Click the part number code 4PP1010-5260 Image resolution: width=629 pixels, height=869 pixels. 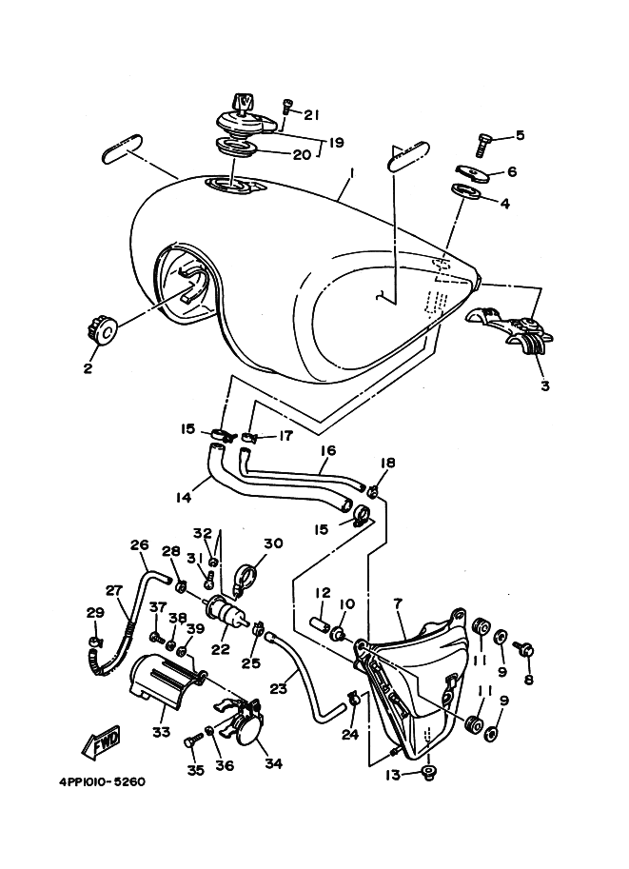click(x=95, y=782)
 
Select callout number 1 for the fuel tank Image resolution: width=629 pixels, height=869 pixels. click(x=325, y=174)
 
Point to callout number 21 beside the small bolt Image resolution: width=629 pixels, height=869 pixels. click(x=310, y=114)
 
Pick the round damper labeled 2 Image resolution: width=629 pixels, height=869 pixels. click(x=100, y=331)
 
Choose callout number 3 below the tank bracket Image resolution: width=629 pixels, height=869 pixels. click(x=544, y=385)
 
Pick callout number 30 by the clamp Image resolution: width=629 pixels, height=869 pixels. click(x=274, y=544)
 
